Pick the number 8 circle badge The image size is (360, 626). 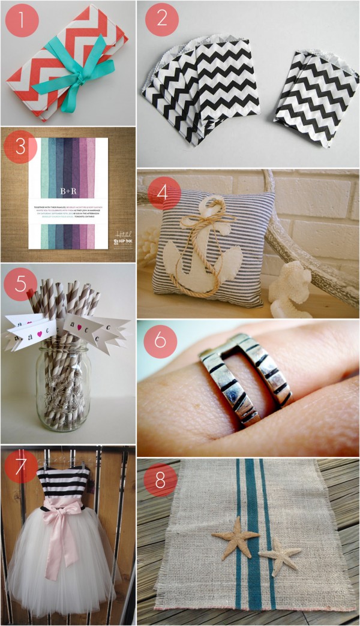[x=160, y=478]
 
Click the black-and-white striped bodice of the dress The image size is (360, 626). [x=63, y=483]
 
